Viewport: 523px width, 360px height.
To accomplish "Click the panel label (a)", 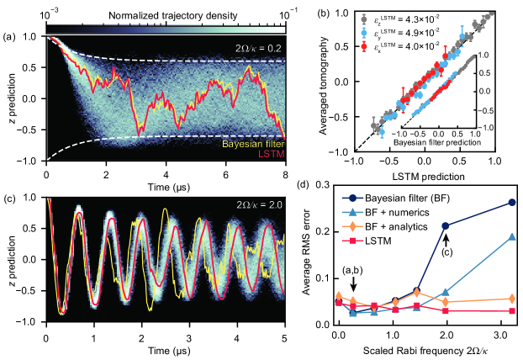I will tap(12, 37).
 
